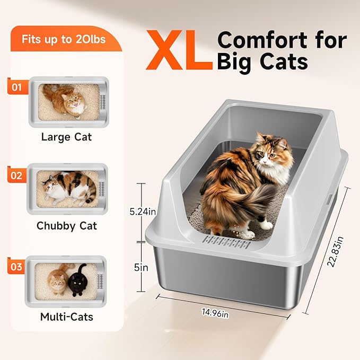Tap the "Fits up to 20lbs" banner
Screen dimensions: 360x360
pos(63,39)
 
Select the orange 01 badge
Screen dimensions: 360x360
pos(17,86)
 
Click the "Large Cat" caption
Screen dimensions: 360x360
pos(66,137)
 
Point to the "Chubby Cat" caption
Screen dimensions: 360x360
pos(67,225)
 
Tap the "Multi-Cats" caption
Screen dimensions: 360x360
pos(67,317)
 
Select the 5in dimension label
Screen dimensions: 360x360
pos(142,268)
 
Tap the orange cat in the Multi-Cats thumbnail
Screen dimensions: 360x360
pos(57,280)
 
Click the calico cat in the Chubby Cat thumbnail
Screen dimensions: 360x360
pos(69,187)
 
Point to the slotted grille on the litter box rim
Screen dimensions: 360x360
pos(227,245)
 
